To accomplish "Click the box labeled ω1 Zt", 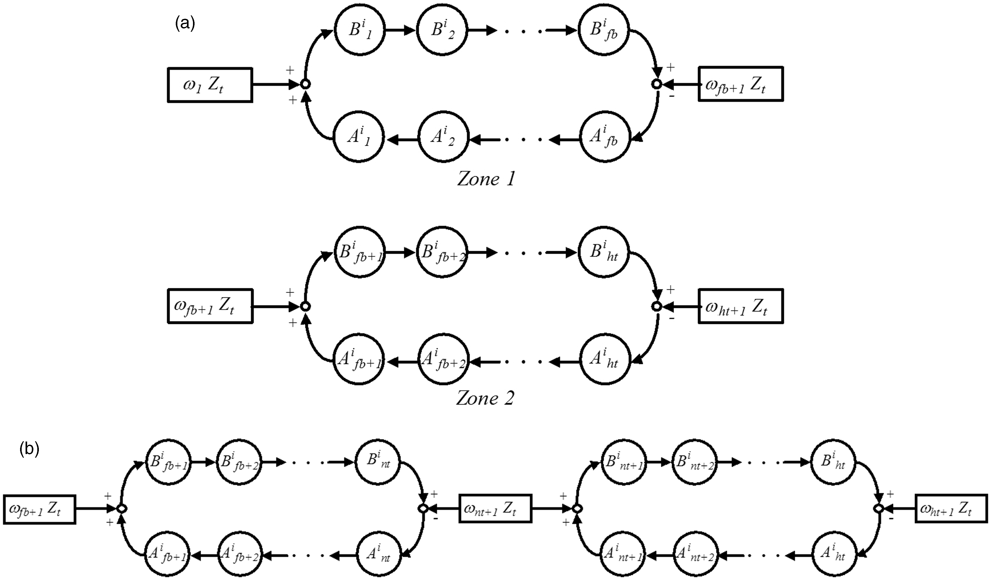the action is [x=210, y=85].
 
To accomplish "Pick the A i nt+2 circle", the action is [x=695, y=555].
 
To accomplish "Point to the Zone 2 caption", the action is [x=485, y=398].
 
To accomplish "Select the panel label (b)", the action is [x=29, y=449].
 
